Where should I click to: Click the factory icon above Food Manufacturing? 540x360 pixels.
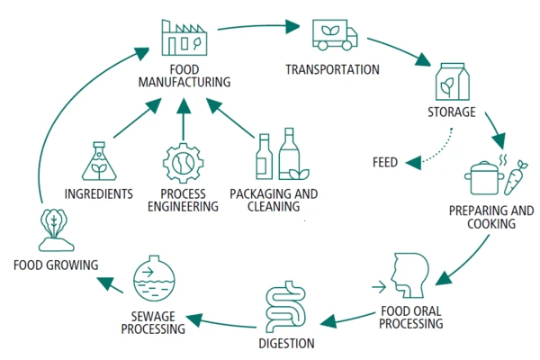(x=184, y=38)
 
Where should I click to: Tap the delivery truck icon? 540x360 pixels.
(x=335, y=35)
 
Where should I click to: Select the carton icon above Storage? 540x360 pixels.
(x=452, y=82)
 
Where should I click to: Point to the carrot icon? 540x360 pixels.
(x=515, y=177)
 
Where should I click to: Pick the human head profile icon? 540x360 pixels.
(x=409, y=275)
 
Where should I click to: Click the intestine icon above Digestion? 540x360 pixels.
(x=286, y=306)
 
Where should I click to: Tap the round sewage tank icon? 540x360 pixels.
(x=154, y=278)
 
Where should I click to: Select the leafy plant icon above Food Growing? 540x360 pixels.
(x=55, y=229)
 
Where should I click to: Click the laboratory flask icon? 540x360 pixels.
(x=99, y=161)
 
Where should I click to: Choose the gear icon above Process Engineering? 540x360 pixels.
(x=184, y=163)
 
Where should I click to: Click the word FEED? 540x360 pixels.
(x=385, y=162)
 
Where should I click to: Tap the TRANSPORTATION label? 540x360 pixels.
(x=332, y=69)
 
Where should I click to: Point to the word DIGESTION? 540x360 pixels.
(x=286, y=344)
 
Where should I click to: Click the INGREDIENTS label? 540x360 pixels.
(x=99, y=194)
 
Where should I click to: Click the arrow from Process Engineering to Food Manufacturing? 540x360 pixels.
(x=184, y=119)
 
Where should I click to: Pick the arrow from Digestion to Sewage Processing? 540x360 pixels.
(x=220, y=322)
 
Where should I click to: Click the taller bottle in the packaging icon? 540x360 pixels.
(x=289, y=154)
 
